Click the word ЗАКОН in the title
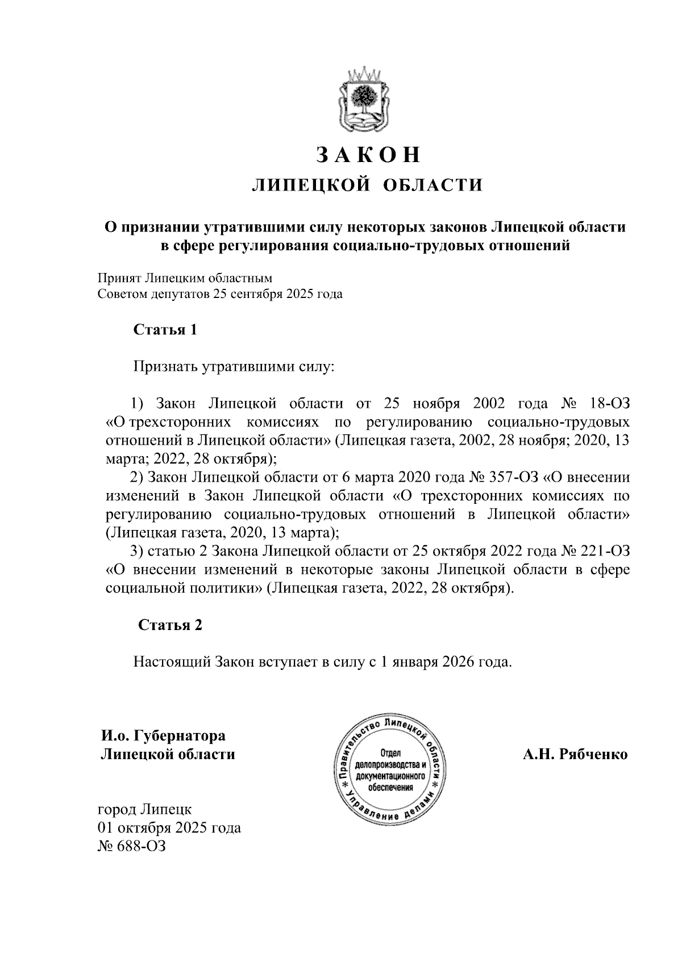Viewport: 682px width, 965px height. pos(368,155)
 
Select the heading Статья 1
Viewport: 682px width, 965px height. pos(165,330)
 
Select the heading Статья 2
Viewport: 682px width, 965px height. pos(170,625)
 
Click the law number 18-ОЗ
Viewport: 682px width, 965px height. pos(610,404)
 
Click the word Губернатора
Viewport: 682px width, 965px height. pos(179,736)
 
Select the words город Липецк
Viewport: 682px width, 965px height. pos(145,809)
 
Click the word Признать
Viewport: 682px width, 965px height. pos(164,367)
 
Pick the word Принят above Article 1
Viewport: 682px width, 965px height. pos(119,279)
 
